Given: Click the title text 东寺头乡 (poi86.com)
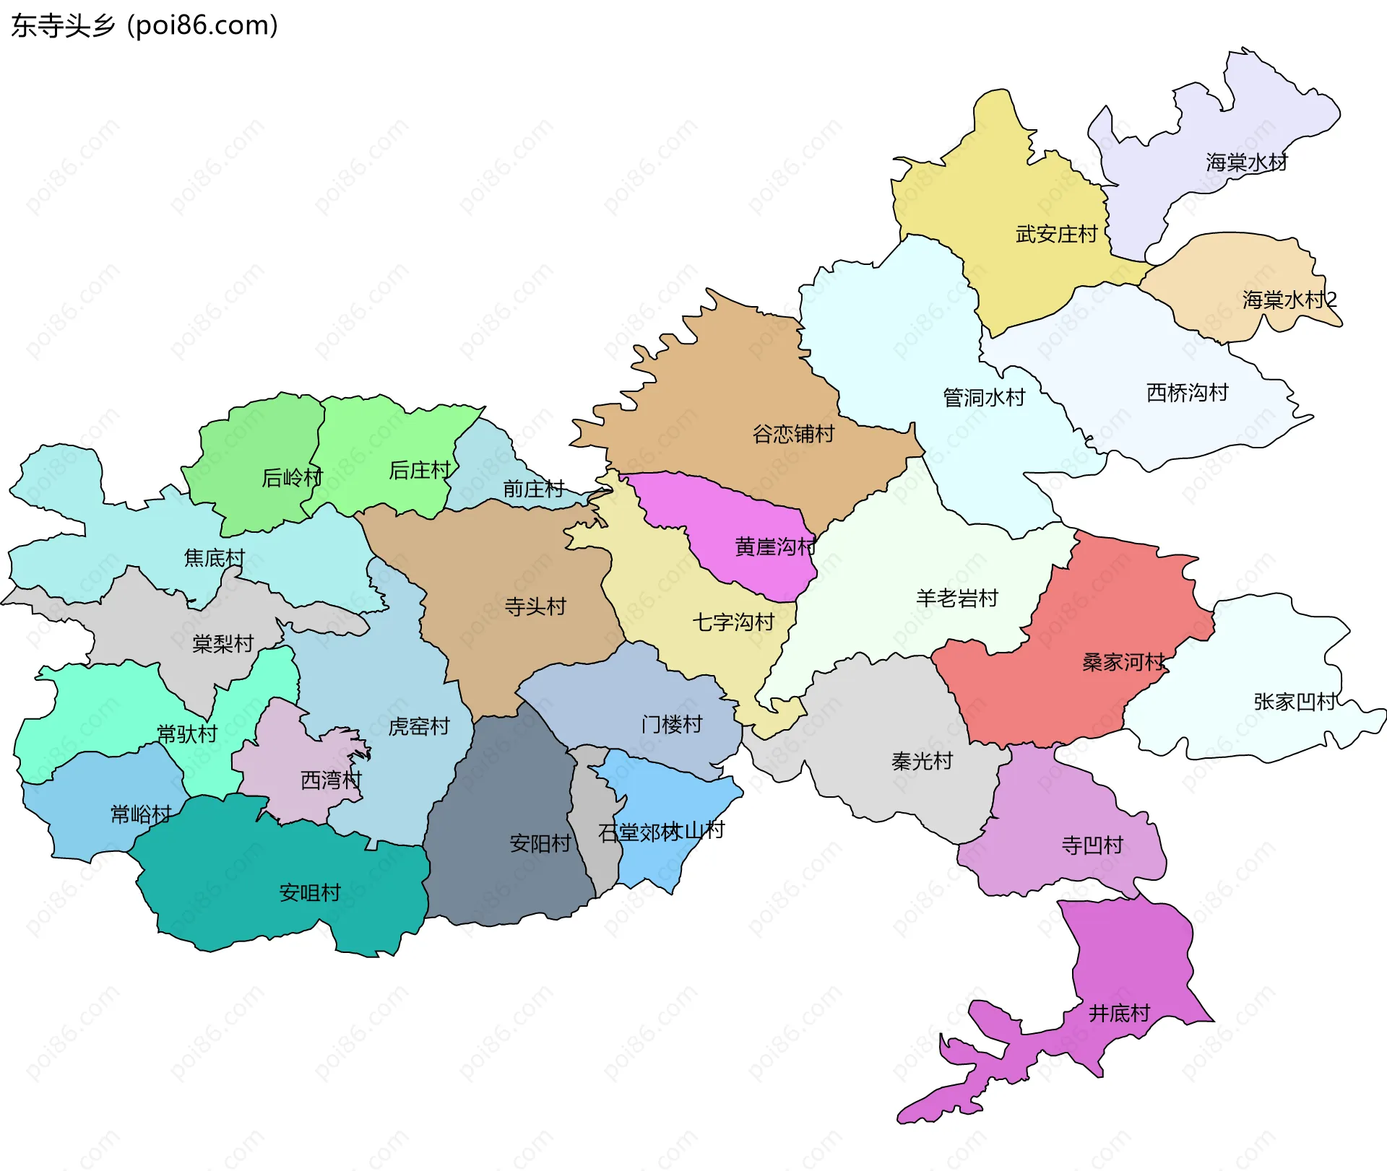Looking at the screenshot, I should [144, 26].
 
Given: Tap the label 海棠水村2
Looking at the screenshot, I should [1289, 300].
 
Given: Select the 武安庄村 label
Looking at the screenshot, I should [1056, 234].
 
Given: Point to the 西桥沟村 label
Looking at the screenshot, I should [1187, 393].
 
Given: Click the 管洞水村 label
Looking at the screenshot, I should [983, 397].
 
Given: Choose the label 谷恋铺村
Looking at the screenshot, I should [793, 434].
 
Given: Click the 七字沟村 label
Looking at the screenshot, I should [733, 622].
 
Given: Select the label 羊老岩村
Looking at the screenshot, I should [956, 598].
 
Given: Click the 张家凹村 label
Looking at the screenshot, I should [1295, 701].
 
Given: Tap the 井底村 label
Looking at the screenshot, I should [1119, 1014].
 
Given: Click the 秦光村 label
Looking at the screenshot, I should [922, 761].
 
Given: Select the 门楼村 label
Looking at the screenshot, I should [672, 724].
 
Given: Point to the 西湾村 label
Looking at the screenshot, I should [331, 780].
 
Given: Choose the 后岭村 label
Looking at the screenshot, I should [292, 477].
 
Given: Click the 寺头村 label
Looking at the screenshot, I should [535, 606].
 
